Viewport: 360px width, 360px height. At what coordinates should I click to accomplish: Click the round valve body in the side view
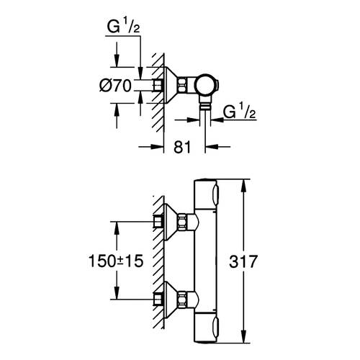click(x=210, y=84)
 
